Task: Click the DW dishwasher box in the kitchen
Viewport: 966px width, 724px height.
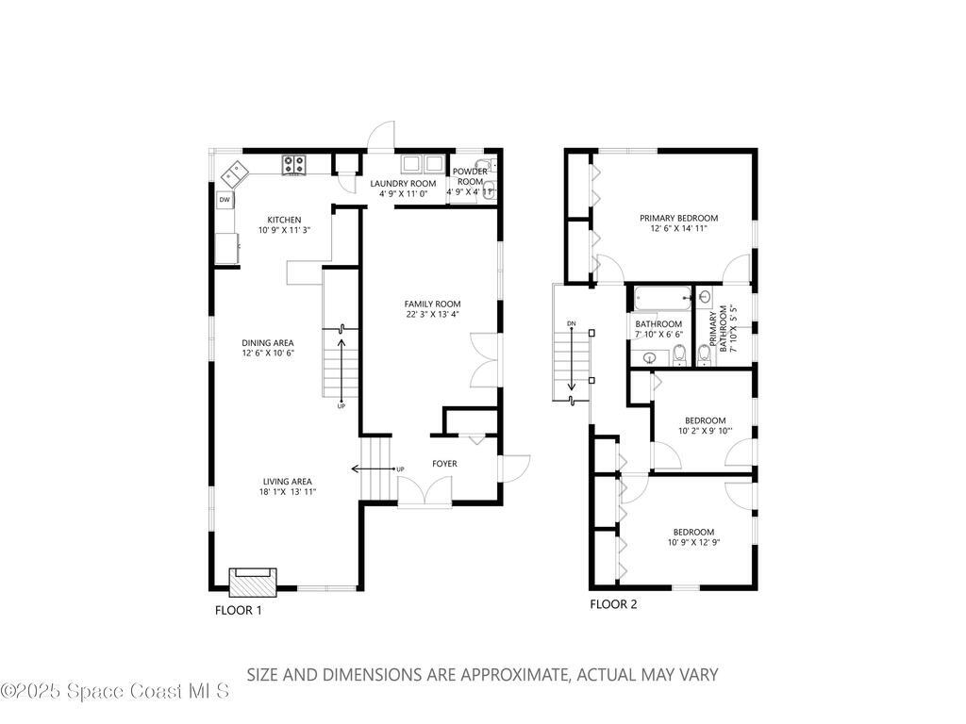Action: pos(225,200)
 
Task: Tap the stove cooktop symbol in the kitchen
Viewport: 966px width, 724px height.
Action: pos(293,165)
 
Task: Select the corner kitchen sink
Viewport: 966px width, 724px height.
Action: pos(234,173)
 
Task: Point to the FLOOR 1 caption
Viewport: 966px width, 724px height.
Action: pos(238,610)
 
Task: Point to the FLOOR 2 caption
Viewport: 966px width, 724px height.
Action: pos(613,604)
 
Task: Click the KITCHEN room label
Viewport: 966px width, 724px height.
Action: pos(284,220)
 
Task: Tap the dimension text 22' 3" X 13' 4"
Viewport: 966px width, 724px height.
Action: pos(432,316)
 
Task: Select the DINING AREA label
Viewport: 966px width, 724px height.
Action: pos(268,343)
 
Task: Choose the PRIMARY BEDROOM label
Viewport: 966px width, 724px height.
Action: pos(678,217)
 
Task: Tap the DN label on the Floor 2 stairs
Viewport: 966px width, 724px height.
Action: pos(571,324)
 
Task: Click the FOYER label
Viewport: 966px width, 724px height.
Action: pos(444,464)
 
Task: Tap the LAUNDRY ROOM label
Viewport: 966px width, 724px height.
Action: pos(403,183)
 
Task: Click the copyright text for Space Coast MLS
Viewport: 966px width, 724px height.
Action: pos(115,691)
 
